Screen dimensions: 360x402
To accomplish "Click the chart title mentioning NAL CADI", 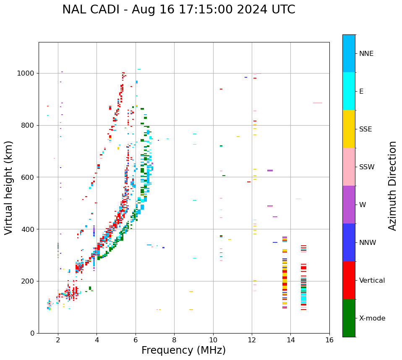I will click(179, 10).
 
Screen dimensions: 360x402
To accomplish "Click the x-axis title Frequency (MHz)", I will click(183, 350).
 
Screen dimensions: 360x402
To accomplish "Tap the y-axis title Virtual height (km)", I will click(9, 188).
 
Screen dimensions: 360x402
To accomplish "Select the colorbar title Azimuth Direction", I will click(392, 186).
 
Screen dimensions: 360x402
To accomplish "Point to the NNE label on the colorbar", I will click(366, 54).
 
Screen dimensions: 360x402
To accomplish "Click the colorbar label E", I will click(361, 92).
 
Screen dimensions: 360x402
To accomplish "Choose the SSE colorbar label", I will click(365, 129).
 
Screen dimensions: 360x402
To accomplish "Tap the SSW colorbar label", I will click(367, 167).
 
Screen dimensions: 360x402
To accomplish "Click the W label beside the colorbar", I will click(362, 205).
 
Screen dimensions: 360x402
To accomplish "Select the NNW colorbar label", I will click(368, 243).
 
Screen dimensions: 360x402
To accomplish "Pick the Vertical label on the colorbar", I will click(372, 281).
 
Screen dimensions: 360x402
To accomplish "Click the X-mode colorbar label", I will click(372, 318).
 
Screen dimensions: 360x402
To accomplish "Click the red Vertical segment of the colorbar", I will click(349, 280).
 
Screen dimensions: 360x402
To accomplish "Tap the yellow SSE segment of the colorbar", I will click(349, 129).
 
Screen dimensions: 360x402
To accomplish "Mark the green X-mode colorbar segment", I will click(349, 318).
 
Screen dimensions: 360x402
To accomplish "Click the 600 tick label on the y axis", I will click(29, 177).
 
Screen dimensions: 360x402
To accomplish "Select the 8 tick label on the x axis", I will click(174, 339).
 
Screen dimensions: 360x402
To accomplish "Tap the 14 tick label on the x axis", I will click(290, 339).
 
